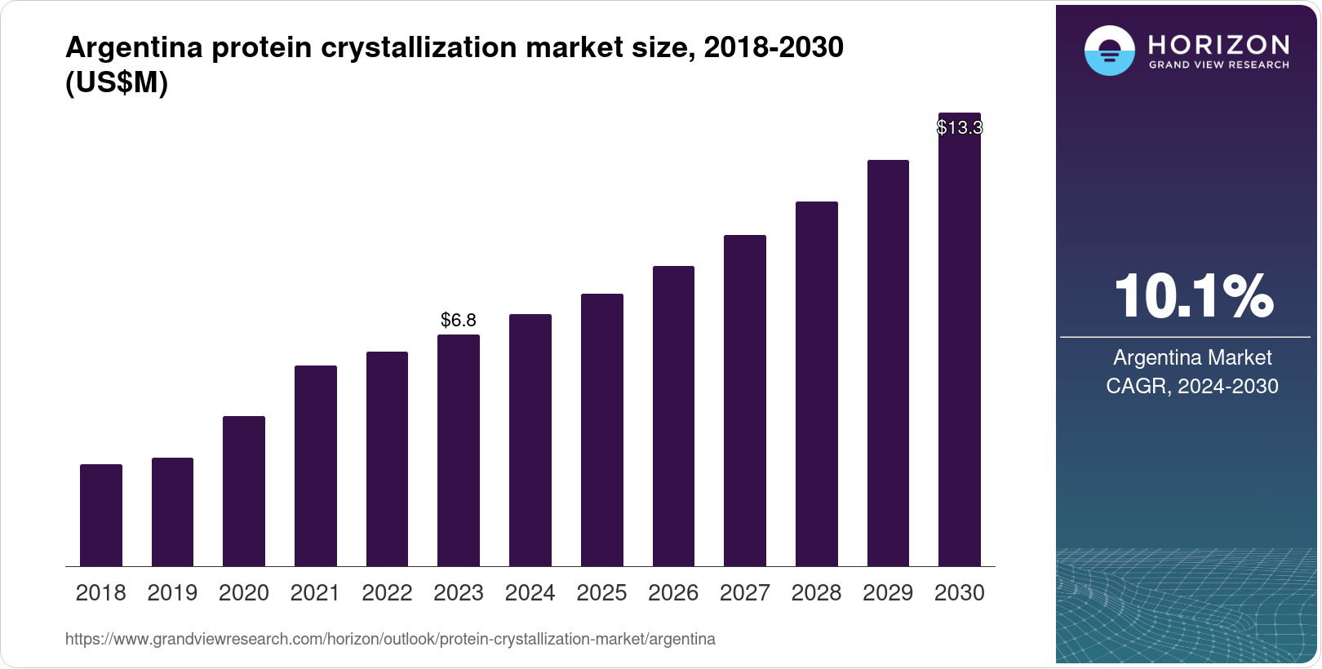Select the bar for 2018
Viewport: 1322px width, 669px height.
(x=101, y=515)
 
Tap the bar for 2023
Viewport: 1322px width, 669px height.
(x=459, y=450)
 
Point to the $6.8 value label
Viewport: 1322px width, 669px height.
(x=459, y=320)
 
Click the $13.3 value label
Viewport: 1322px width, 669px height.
(x=959, y=127)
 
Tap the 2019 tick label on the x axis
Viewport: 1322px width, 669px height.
(x=172, y=592)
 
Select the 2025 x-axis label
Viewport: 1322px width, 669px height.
(x=601, y=592)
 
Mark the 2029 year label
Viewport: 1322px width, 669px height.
(x=888, y=592)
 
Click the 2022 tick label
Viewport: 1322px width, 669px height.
(x=387, y=592)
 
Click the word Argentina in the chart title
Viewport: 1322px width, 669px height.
(x=134, y=47)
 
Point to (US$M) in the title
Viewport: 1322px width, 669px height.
(x=117, y=83)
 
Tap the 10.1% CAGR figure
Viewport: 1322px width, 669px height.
(x=1193, y=296)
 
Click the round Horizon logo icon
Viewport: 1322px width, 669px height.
(x=1109, y=51)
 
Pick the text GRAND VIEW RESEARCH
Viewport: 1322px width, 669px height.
(x=1218, y=64)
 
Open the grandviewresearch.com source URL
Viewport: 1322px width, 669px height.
(x=390, y=639)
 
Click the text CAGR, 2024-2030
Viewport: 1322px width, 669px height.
(x=1191, y=386)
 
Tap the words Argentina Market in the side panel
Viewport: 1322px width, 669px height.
(x=1192, y=357)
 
